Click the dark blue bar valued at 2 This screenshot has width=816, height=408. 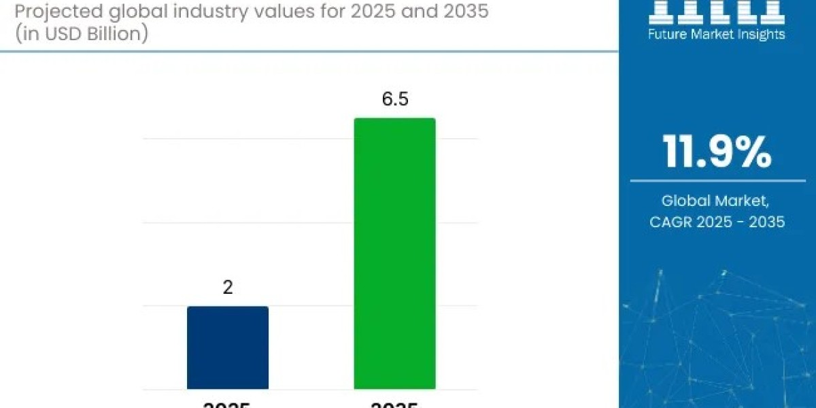tap(228, 347)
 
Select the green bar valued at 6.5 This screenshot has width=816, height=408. tap(394, 253)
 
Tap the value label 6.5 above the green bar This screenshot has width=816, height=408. tap(394, 99)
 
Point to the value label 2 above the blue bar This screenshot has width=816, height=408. tap(228, 287)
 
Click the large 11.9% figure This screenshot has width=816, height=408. tap(717, 152)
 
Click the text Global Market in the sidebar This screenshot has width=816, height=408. tap(715, 201)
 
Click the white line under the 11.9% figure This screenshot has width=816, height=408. tap(717, 181)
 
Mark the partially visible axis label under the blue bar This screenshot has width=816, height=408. tap(228, 405)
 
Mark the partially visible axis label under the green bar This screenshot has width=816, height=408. tap(394, 405)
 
